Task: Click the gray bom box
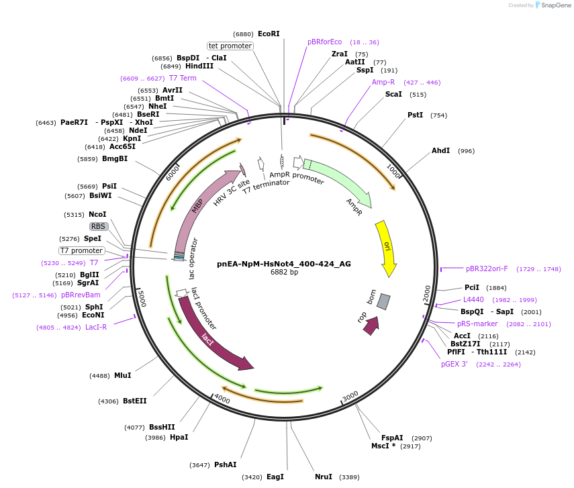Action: tap(383, 301)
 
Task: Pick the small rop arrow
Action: tap(371, 326)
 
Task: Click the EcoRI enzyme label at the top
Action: tap(269, 34)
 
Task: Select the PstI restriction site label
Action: tap(416, 115)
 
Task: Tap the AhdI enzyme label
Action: tap(441, 150)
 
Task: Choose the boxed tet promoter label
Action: tap(230, 46)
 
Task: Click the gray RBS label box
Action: tap(98, 226)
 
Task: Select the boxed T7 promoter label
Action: tap(81, 250)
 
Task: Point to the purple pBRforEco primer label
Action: tap(325, 42)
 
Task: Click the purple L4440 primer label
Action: tap(473, 299)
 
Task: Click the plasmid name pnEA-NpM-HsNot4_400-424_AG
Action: tap(284, 264)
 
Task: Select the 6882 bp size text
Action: tap(284, 273)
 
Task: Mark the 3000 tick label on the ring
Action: tap(350, 397)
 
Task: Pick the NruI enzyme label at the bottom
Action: tap(324, 477)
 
